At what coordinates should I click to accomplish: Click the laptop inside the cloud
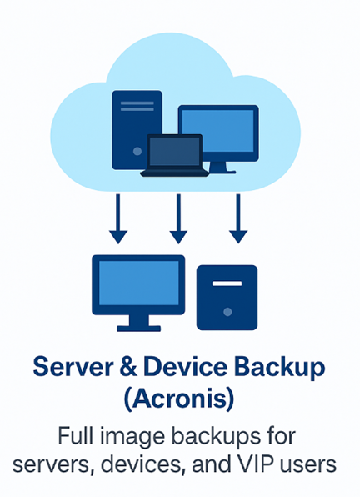pyautogui.click(x=174, y=155)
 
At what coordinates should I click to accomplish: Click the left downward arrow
pyautogui.click(x=118, y=218)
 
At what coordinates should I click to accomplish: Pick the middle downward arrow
pyautogui.click(x=178, y=218)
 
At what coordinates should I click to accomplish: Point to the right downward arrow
pyautogui.click(x=238, y=218)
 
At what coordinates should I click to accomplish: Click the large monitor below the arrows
pyautogui.click(x=138, y=294)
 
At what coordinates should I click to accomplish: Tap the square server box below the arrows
pyautogui.click(x=227, y=298)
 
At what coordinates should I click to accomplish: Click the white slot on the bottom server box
pyautogui.click(x=227, y=284)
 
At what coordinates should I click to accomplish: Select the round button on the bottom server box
pyautogui.click(x=227, y=312)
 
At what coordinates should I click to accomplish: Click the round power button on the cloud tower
pyautogui.click(x=137, y=151)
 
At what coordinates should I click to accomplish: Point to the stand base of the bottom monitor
pyautogui.click(x=138, y=329)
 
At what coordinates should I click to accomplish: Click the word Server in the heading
pyautogui.click(x=73, y=367)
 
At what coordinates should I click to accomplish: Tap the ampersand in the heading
pyautogui.click(x=128, y=367)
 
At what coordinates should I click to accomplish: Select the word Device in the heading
pyautogui.click(x=186, y=367)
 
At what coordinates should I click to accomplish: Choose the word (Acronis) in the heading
pyautogui.click(x=179, y=399)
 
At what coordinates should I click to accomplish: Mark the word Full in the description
pyautogui.click(x=75, y=435)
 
